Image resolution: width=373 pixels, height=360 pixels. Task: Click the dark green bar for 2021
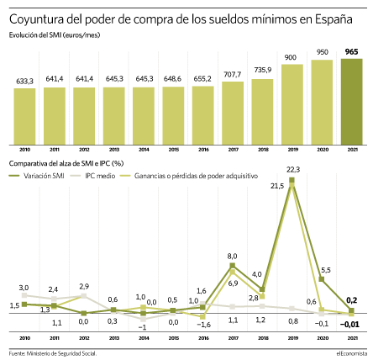coord(351,102)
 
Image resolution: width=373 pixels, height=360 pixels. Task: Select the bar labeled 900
coord(292,104)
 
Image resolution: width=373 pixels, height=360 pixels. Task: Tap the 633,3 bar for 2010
coord(24,117)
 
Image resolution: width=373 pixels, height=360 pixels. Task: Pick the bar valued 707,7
coord(233,114)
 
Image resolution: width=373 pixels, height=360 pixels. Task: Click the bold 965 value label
coord(351,52)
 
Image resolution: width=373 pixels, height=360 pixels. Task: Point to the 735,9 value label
coord(263,70)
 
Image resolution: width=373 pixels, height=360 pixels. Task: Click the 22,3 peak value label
coord(293,170)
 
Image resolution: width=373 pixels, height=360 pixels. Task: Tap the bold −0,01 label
coord(349,325)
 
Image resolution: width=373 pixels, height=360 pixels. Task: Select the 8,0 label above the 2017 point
coord(232,256)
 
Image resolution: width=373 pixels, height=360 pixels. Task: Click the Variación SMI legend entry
coord(37,176)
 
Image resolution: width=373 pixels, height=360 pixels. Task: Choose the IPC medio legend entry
coord(92,176)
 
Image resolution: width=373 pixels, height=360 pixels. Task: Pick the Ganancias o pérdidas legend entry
coord(189,176)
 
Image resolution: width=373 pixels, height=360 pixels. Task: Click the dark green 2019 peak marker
coord(292,180)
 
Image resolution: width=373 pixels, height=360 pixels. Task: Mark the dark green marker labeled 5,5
coord(322,279)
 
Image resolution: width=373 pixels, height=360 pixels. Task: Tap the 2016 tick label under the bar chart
coord(203,150)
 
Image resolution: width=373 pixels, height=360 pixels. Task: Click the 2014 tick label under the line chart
coord(144,338)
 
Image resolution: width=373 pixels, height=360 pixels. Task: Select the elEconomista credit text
coord(352,353)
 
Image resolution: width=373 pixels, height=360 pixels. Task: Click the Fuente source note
coord(53,353)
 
